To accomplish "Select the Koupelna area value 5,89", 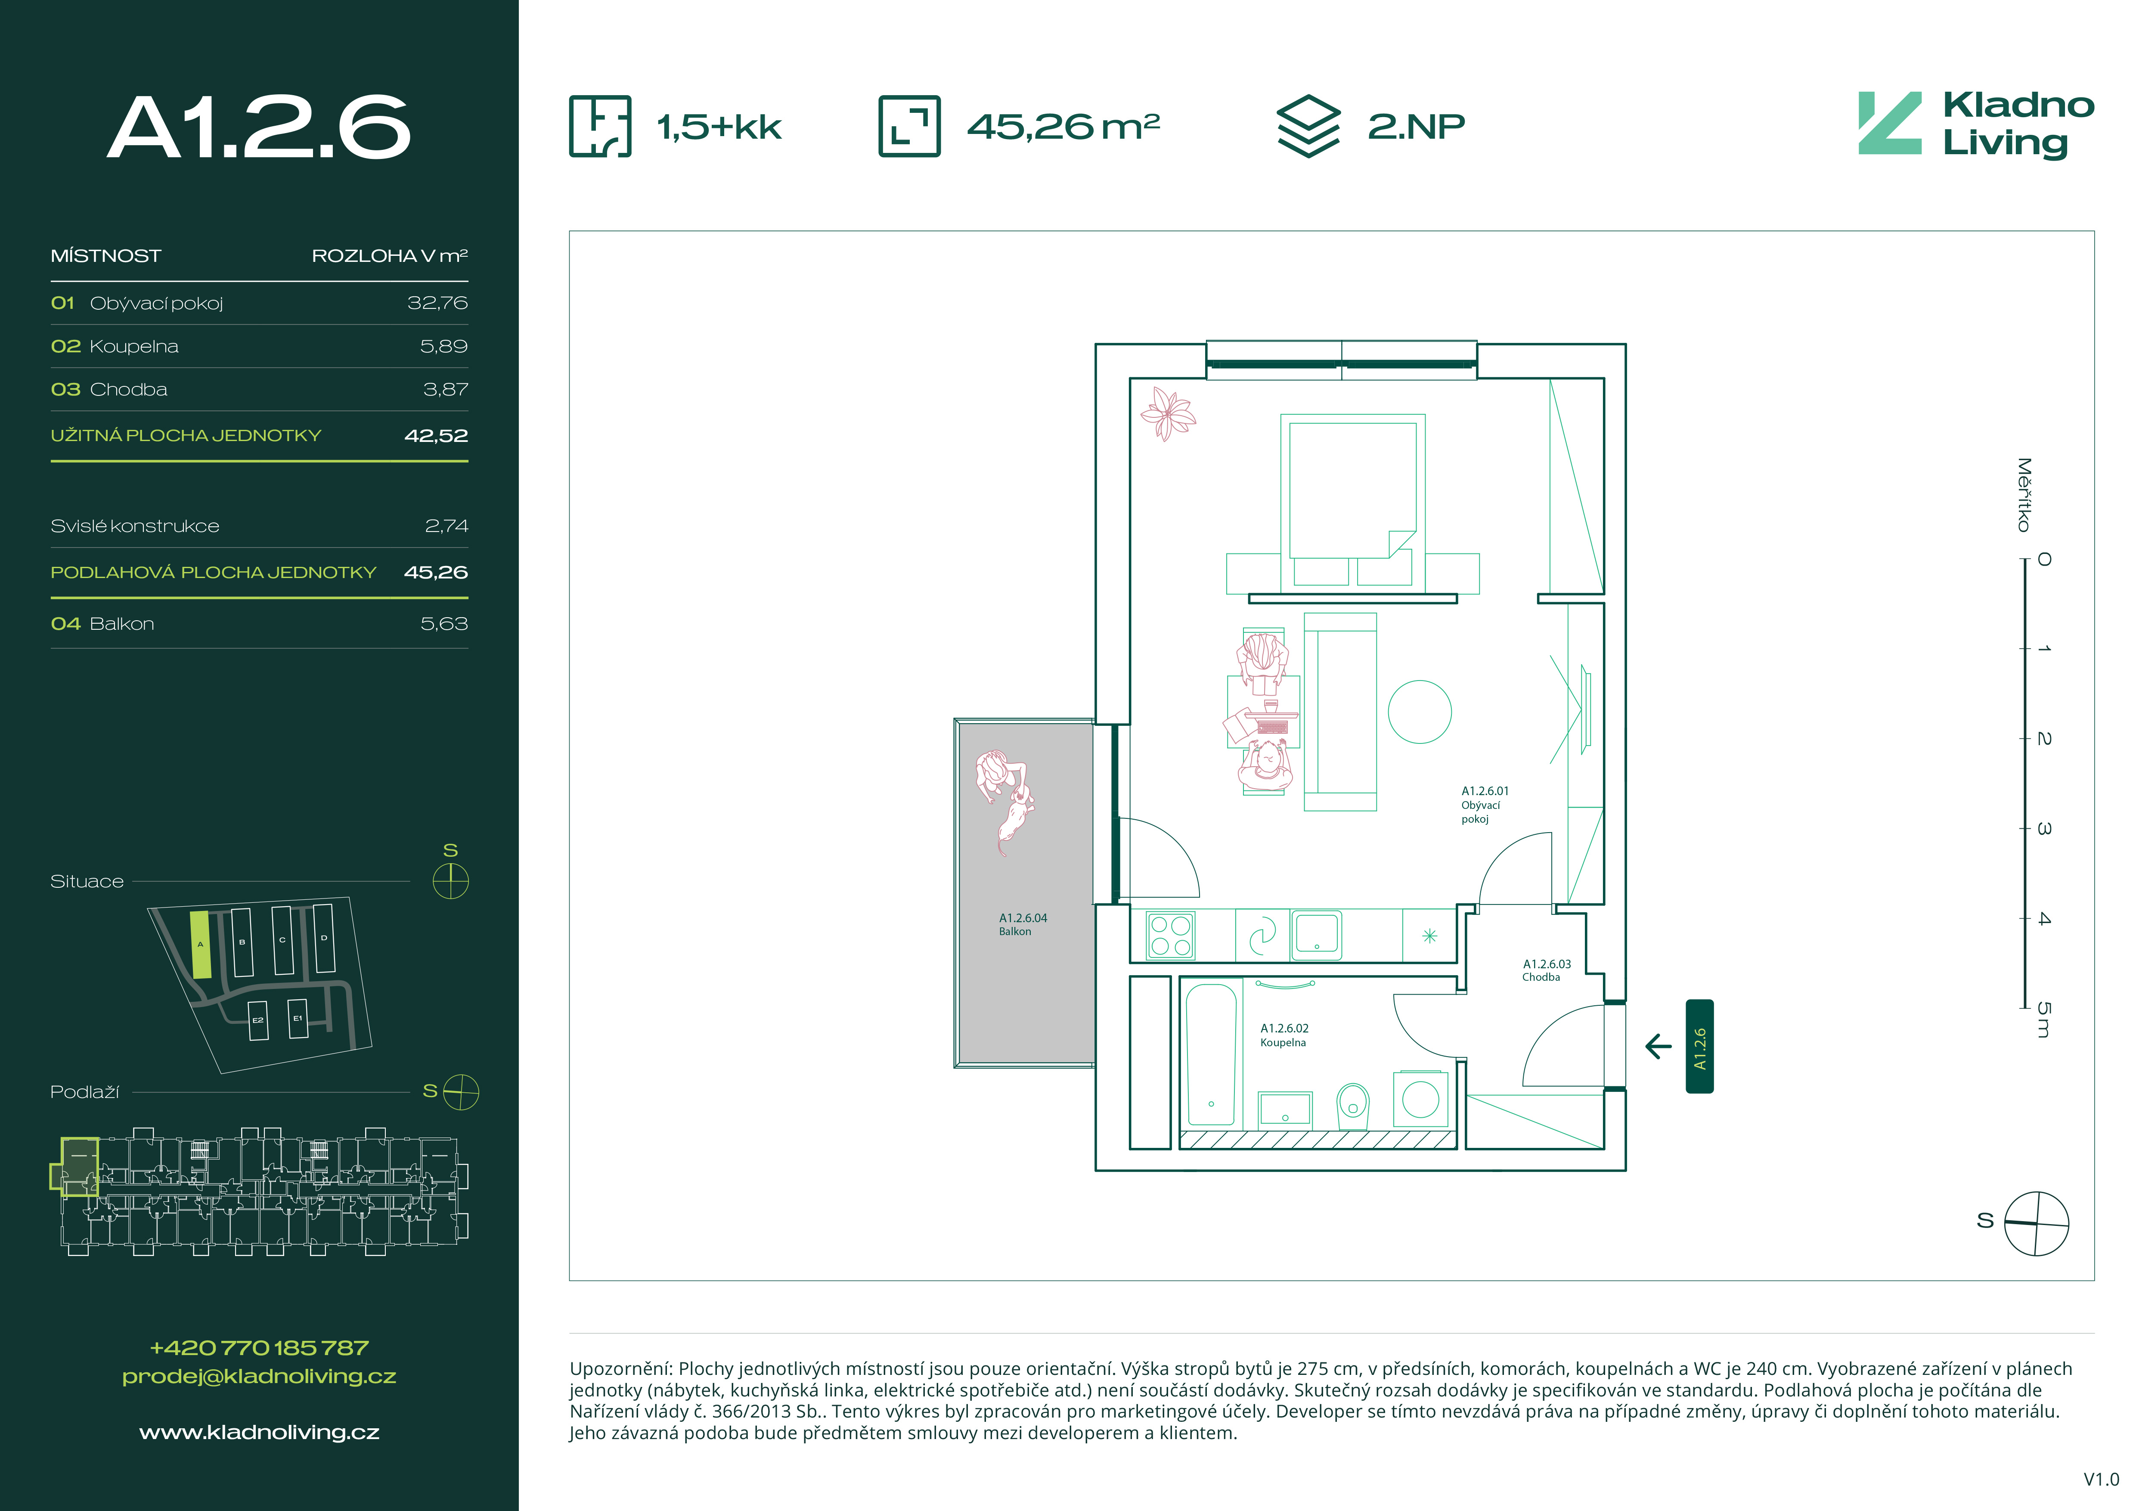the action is [444, 346].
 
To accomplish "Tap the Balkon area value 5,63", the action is [444, 623].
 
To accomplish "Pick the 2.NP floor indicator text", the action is [1416, 127].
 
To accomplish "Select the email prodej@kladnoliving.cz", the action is [260, 1376].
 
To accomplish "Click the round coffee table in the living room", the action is [1420, 712].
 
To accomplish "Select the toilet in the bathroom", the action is [1353, 1104].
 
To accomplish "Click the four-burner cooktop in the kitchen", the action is [1170, 935].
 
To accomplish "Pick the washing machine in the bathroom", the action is [1420, 1099].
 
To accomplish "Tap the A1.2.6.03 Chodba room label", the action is [1546, 970].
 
